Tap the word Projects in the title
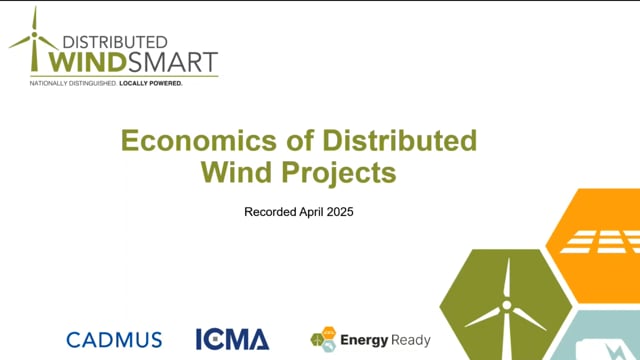pyautogui.click(x=343, y=172)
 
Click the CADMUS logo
pyautogui.click(x=114, y=339)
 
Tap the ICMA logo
pyautogui.click(x=233, y=339)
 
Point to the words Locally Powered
pyautogui.click(x=151, y=83)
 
